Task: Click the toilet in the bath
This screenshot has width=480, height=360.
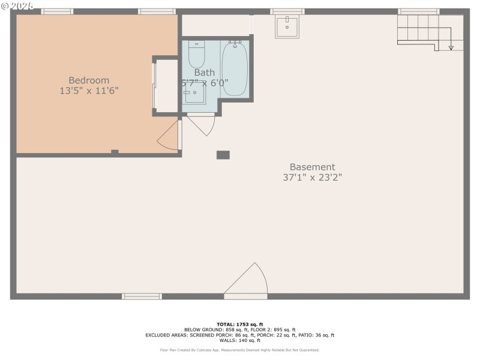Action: point(197,55)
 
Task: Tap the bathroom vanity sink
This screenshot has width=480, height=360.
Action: point(194,93)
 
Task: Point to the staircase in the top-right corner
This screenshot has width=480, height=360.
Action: point(424,29)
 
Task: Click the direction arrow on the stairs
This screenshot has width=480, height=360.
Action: point(451,46)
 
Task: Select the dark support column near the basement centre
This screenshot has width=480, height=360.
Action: point(223,155)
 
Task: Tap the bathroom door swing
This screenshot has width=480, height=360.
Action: point(202,124)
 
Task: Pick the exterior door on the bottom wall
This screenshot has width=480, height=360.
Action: point(245,282)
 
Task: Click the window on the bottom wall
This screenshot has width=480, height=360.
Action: point(142,296)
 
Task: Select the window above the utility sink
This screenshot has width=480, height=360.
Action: point(287,11)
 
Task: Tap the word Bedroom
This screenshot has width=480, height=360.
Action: point(89,80)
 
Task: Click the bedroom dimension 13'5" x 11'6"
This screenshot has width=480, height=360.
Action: point(89,91)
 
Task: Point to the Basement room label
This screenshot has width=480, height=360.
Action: point(312,167)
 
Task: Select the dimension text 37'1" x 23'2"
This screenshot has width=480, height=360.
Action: point(312,177)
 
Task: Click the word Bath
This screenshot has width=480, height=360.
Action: point(204,73)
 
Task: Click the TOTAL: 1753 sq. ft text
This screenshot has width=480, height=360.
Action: point(240,324)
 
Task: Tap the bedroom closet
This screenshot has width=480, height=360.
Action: point(166,85)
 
